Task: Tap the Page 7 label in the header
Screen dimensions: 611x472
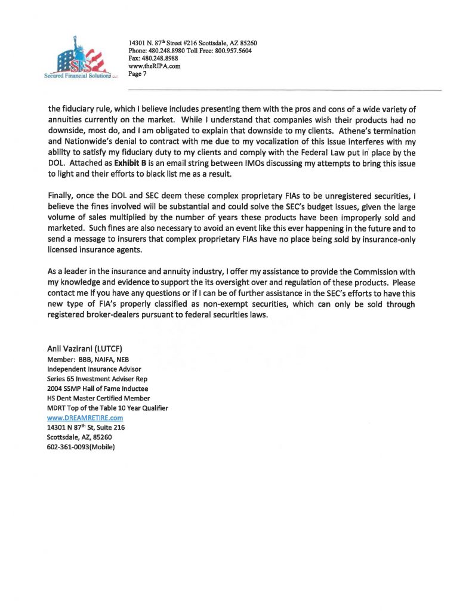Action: [137, 74]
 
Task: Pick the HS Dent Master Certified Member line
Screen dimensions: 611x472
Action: [98, 398]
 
